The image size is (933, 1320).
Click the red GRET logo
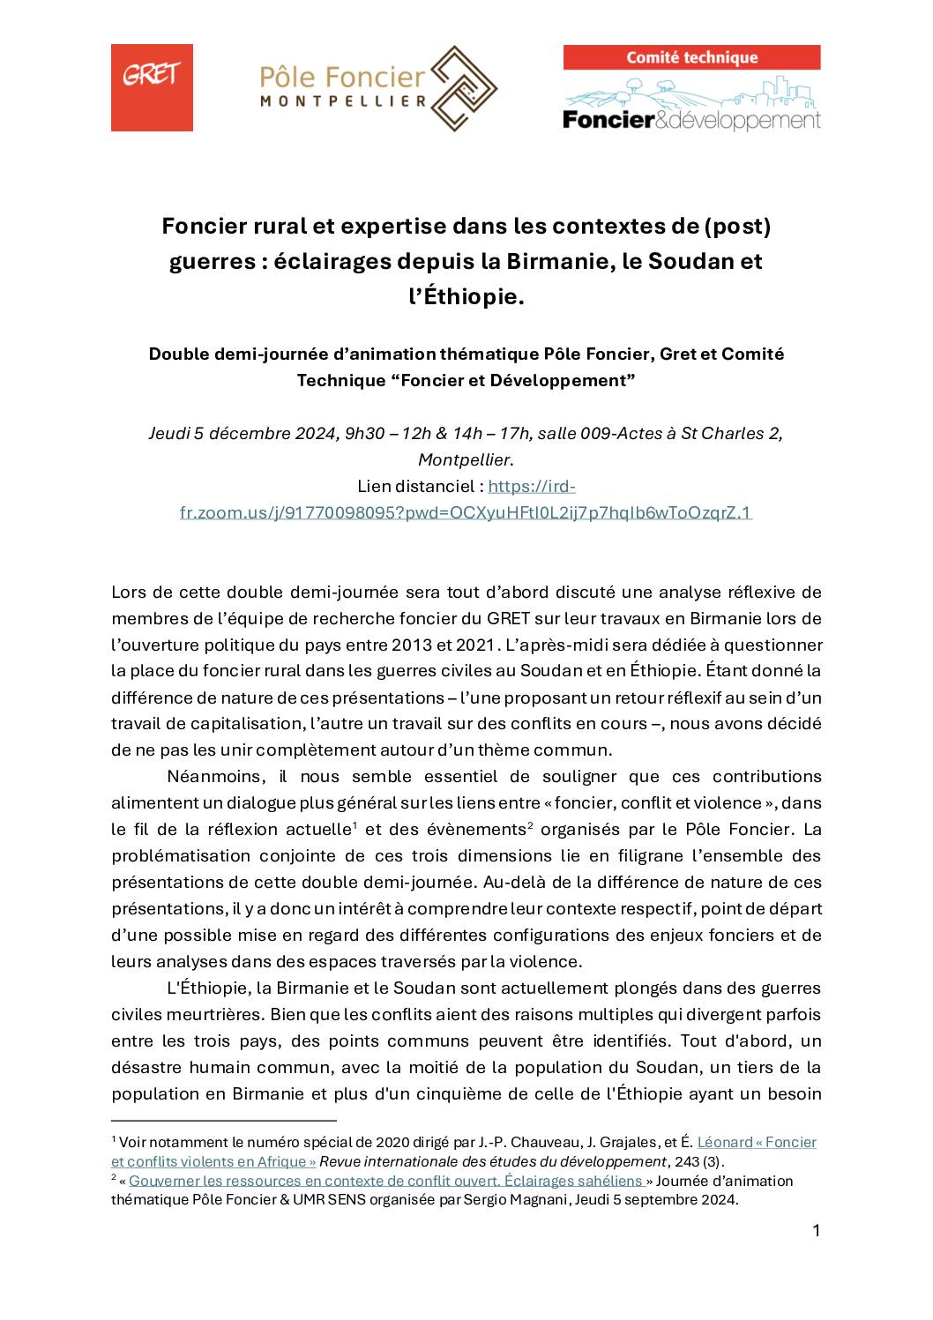(x=152, y=87)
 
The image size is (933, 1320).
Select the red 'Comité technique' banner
(x=691, y=58)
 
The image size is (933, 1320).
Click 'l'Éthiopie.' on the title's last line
(x=466, y=297)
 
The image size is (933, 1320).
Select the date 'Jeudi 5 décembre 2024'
(x=243, y=433)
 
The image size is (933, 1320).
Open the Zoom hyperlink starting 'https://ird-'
(x=466, y=512)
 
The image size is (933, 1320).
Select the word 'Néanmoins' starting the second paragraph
(x=217, y=777)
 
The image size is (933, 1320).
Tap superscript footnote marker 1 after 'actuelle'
(x=355, y=825)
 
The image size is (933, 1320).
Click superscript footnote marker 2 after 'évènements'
(x=531, y=825)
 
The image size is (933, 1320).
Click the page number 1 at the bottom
(x=816, y=1231)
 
